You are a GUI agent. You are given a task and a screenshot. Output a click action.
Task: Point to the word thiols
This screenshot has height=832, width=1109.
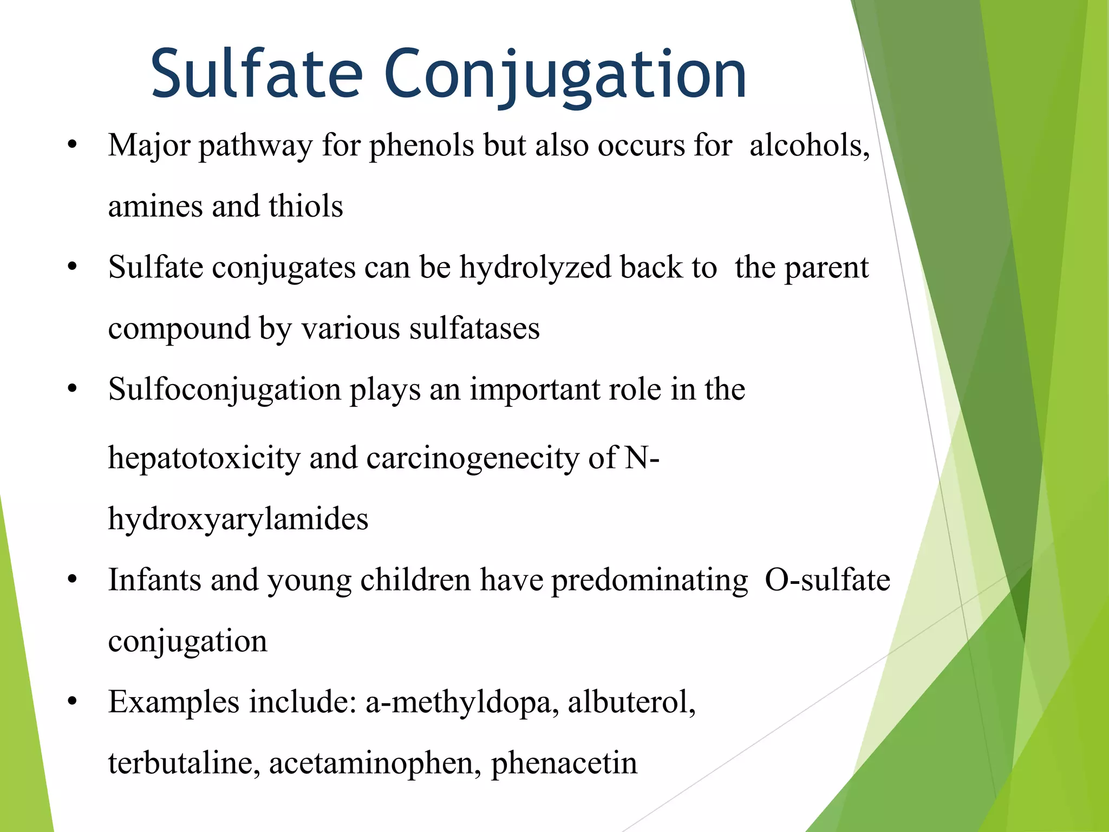click(x=305, y=207)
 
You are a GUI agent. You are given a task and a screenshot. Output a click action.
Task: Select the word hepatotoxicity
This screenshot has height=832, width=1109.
click(x=204, y=458)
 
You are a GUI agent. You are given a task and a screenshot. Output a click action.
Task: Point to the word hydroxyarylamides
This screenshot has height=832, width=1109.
click(x=238, y=519)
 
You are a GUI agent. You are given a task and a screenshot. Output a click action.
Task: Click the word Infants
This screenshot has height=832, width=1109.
click(x=154, y=580)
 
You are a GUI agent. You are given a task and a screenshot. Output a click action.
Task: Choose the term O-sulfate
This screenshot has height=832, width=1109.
click(x=827, y=580)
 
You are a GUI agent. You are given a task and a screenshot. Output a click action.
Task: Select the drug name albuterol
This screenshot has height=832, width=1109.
click(x=631, y=703)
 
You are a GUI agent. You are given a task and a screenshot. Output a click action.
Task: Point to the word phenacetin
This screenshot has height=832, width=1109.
click(x=564, y=763)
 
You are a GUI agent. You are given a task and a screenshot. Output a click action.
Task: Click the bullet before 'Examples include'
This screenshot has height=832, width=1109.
click(x=73, y=702)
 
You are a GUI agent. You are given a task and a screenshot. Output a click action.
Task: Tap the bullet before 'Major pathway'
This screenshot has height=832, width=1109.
click(x=73, y=145)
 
